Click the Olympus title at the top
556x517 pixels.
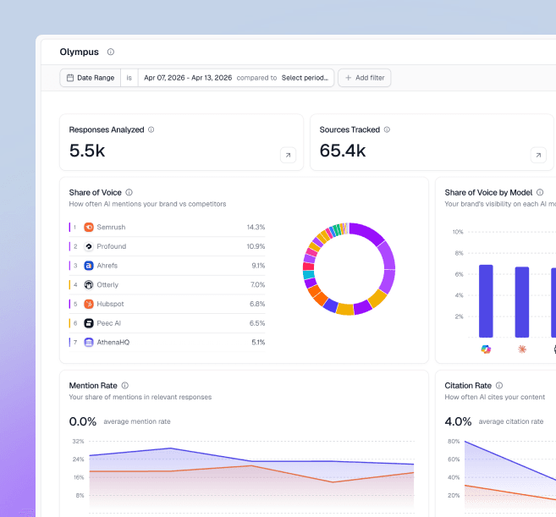(x=79, y=52)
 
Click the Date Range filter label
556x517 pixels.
(x=95, y=78)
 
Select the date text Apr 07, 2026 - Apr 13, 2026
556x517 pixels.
(x=187, y=78)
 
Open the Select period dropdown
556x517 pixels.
(x=305, y=78)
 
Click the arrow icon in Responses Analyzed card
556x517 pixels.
(x=288, y=155)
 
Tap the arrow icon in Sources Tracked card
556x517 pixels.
(x=538, y=155)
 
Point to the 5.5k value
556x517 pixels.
(x=87, y=151)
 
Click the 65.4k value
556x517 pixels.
(x=343, y=151)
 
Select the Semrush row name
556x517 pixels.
(x=112, y=228)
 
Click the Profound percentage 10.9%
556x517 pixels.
(x=256, y=246)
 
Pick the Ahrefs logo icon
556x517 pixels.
(x=89, y=266)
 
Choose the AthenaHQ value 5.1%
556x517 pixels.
(x=258, y=342)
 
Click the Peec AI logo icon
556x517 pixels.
(x=89, y=323)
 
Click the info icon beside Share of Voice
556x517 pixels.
(x=129, y=193)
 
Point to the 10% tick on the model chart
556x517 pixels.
(x=457, y=232)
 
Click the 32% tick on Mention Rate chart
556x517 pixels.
(x=78, y=441)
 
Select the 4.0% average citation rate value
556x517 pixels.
(x=458, y=421)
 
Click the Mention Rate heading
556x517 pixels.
(x=93, y=386)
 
